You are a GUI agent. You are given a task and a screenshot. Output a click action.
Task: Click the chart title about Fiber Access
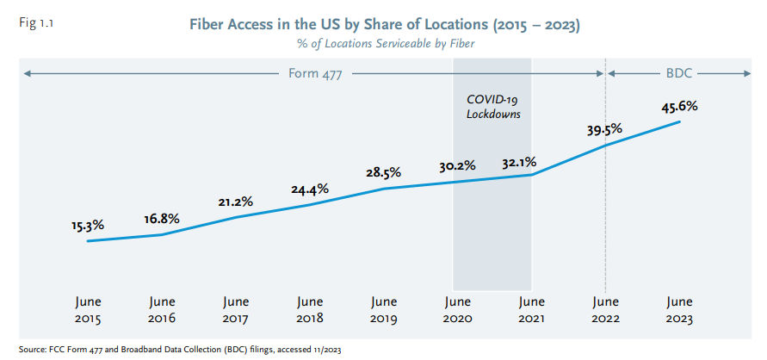tap(384, 25)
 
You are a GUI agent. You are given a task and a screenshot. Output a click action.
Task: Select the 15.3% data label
tap(88, 225)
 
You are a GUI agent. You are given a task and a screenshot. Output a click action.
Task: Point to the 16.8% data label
tap(161, 219)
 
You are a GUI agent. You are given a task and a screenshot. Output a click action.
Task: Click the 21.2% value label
tap(235, 202)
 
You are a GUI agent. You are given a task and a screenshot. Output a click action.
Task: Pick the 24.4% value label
tap(309, 189)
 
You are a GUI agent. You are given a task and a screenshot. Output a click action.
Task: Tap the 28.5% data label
tap(383, 172)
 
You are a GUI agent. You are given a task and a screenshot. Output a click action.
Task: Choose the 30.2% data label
tap(457, 165)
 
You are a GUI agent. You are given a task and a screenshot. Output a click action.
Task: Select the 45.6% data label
tap(679, 107)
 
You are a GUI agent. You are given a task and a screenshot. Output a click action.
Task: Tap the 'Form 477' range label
tap(315, 74)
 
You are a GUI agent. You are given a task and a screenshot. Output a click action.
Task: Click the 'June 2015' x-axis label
tap(88, 310)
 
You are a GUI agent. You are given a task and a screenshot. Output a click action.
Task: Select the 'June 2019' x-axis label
tap(384, 310)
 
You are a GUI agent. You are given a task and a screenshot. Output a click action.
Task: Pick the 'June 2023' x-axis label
tap(679, 310)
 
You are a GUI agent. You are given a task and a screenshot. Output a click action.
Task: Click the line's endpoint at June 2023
tap(680, 122)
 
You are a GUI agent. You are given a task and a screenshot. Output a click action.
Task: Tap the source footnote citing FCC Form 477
tap(178, 350)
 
